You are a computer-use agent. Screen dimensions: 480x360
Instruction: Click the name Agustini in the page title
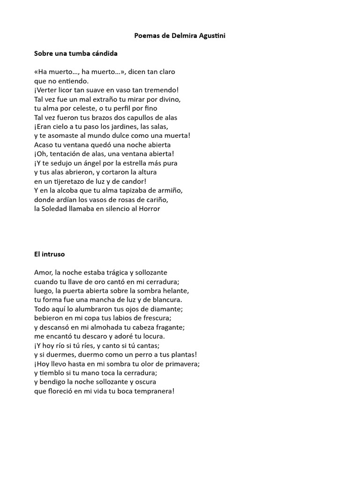tap(208, 36)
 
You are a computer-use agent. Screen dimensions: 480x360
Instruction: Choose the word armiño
tap(169, 190)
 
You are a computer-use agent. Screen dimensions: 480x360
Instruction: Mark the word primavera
tap(181, 364)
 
